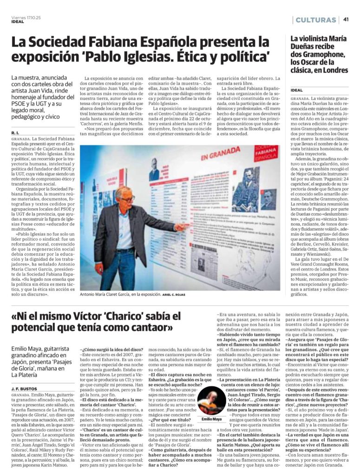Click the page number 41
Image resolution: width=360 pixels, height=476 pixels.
pos(347,20)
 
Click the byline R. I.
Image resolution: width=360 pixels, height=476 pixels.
pos(15,133)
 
